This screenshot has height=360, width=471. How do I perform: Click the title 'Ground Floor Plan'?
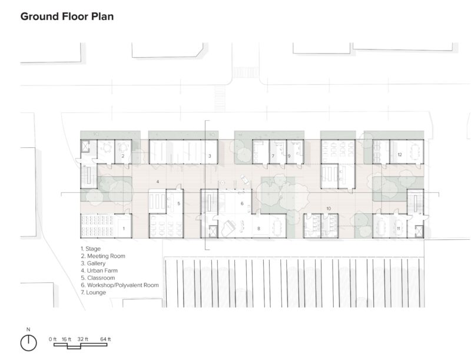[x=67, y=16]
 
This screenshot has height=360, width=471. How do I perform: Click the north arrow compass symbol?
[x=28, y=342]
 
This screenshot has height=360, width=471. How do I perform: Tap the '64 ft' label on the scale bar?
[x=105, y=339]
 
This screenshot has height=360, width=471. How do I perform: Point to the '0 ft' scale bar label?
[x=54, y=339]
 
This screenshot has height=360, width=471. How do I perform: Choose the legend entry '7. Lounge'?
[x=94, y=292]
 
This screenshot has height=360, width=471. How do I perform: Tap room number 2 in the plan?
[x=122, y=156]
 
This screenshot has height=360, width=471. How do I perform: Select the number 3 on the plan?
[x=210, y=156]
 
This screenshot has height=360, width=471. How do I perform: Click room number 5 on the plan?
[x=178, y=204]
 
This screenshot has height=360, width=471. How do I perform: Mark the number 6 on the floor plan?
[x=242, y=203]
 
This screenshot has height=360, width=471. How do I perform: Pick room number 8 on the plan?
[x=258, y=227]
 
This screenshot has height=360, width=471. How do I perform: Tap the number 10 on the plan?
[x=329, y=209]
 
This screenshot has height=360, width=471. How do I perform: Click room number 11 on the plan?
[x=399, y=227]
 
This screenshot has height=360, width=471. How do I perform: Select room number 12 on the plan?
[x=399, y=154]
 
